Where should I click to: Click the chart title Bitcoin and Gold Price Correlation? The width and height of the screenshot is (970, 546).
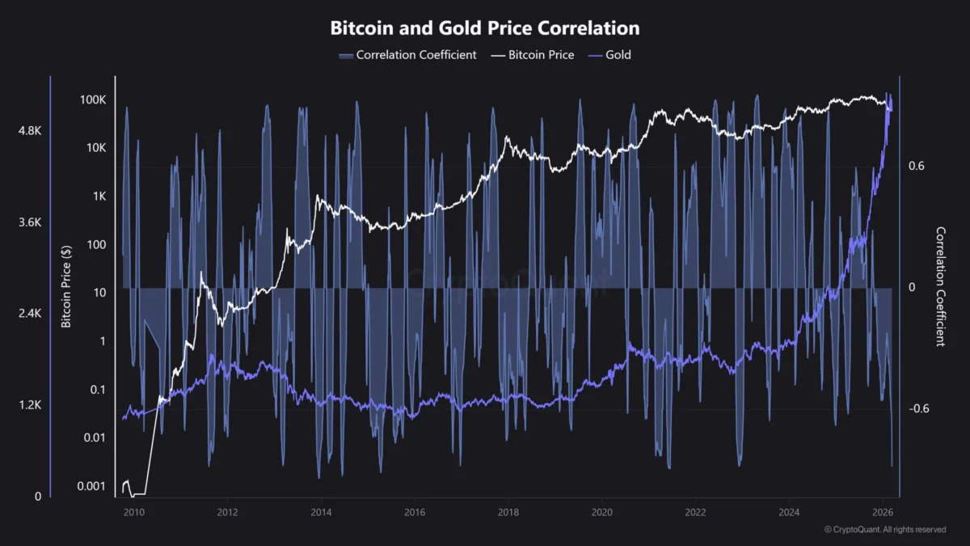(485, 28)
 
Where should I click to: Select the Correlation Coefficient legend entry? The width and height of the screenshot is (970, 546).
(407, 55)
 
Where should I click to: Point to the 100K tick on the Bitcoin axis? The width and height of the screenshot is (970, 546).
(92, 100)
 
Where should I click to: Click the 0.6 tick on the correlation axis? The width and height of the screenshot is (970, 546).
(916, 166)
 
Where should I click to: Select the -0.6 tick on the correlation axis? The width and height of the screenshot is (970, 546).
(918, 408)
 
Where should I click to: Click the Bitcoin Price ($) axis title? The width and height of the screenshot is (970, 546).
(66, 287)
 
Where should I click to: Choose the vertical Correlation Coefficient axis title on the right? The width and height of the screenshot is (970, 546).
(940, 286)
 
